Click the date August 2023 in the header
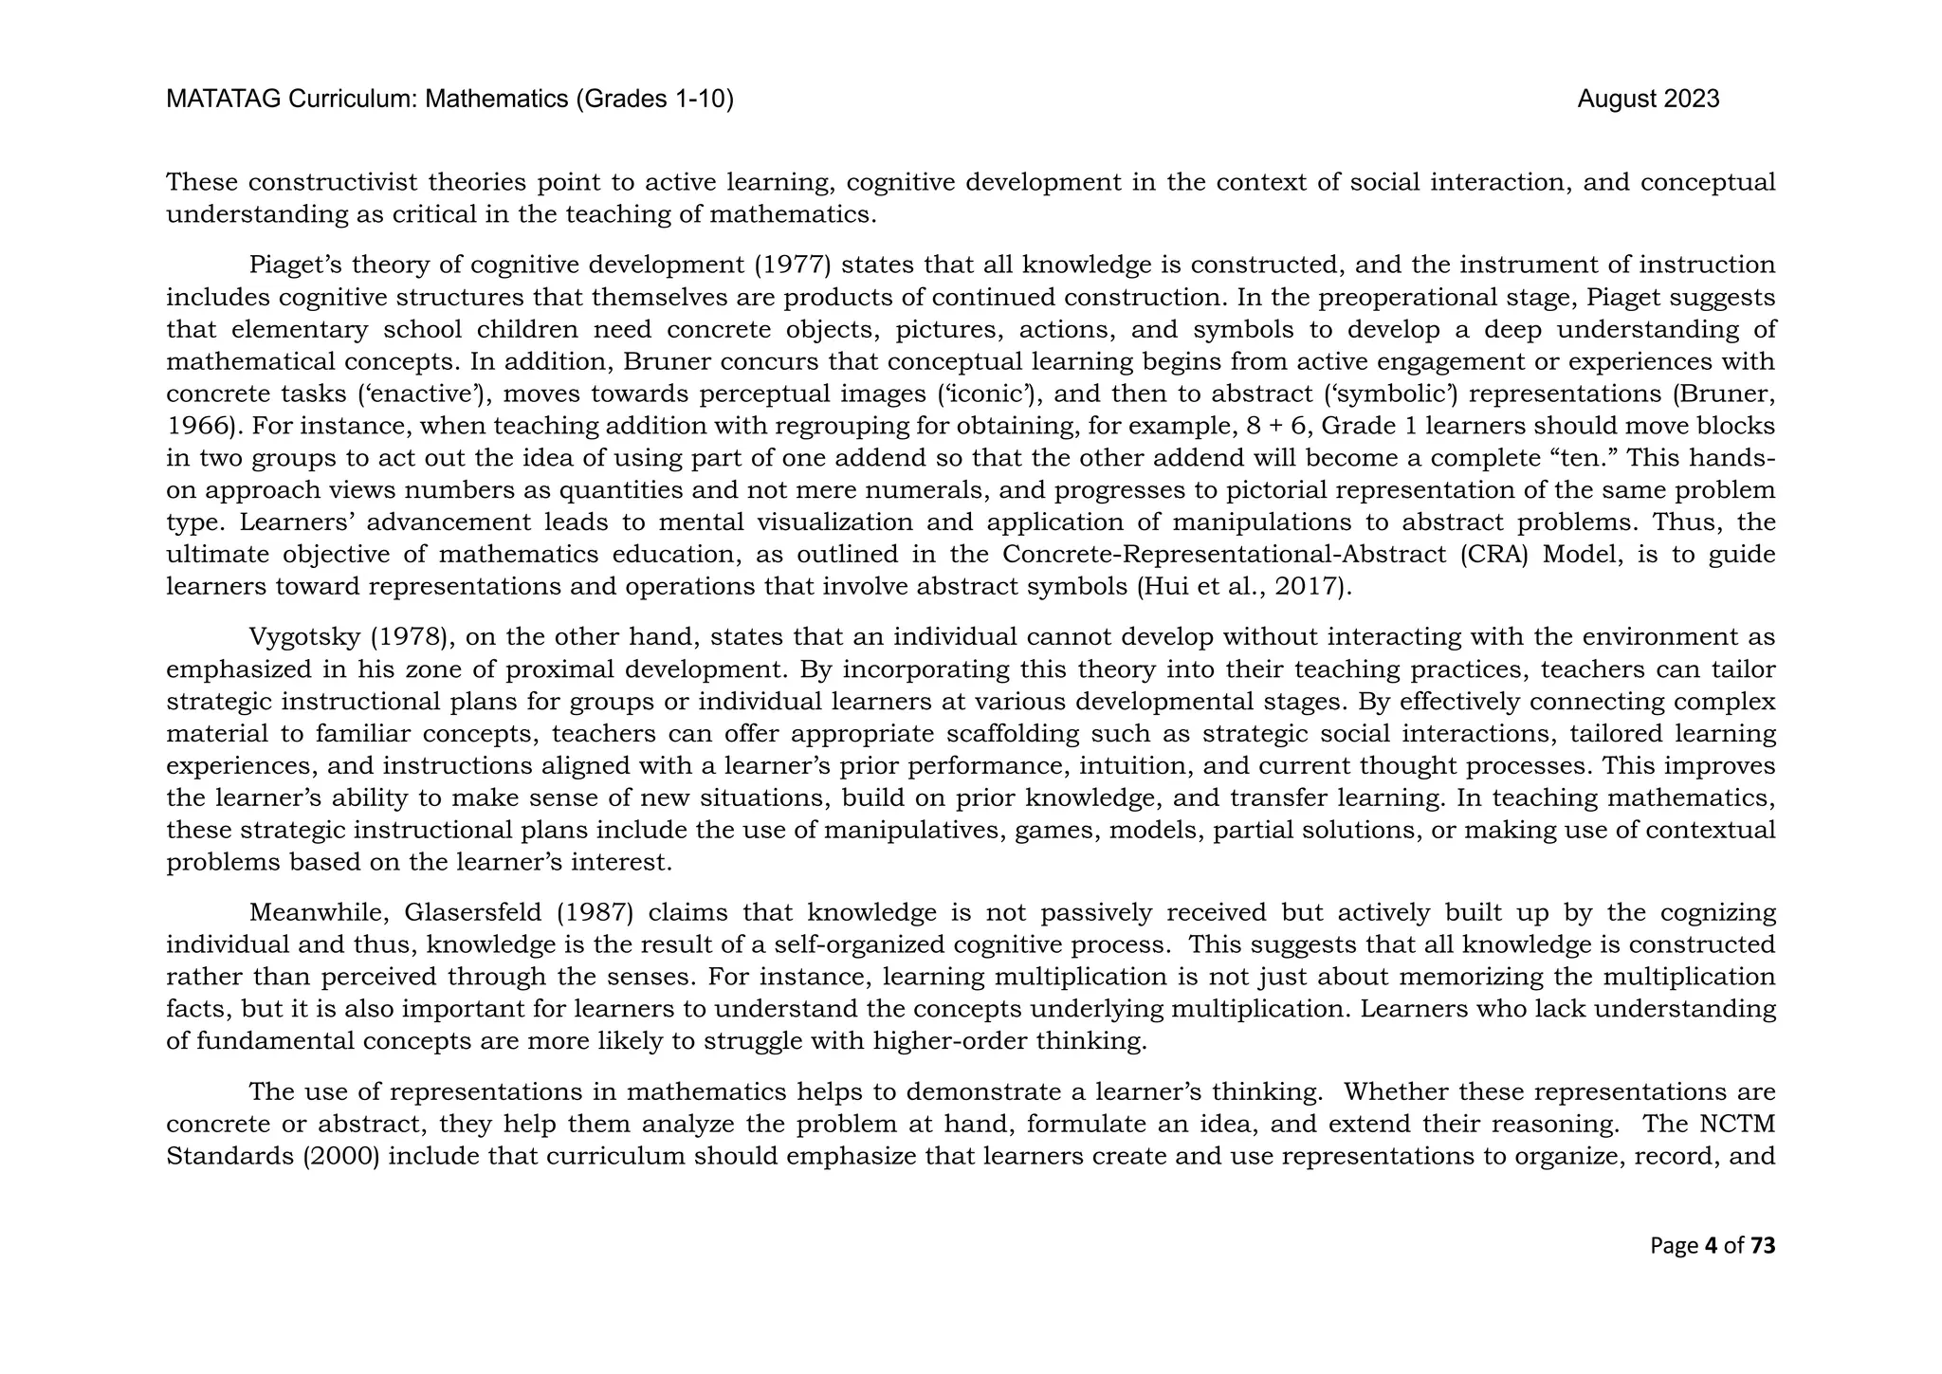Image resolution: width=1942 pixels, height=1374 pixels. pos(1648,100)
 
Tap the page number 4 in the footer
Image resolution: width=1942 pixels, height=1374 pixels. pos(1711,1245)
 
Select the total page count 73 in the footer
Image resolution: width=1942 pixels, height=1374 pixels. pos(1763,1245)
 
